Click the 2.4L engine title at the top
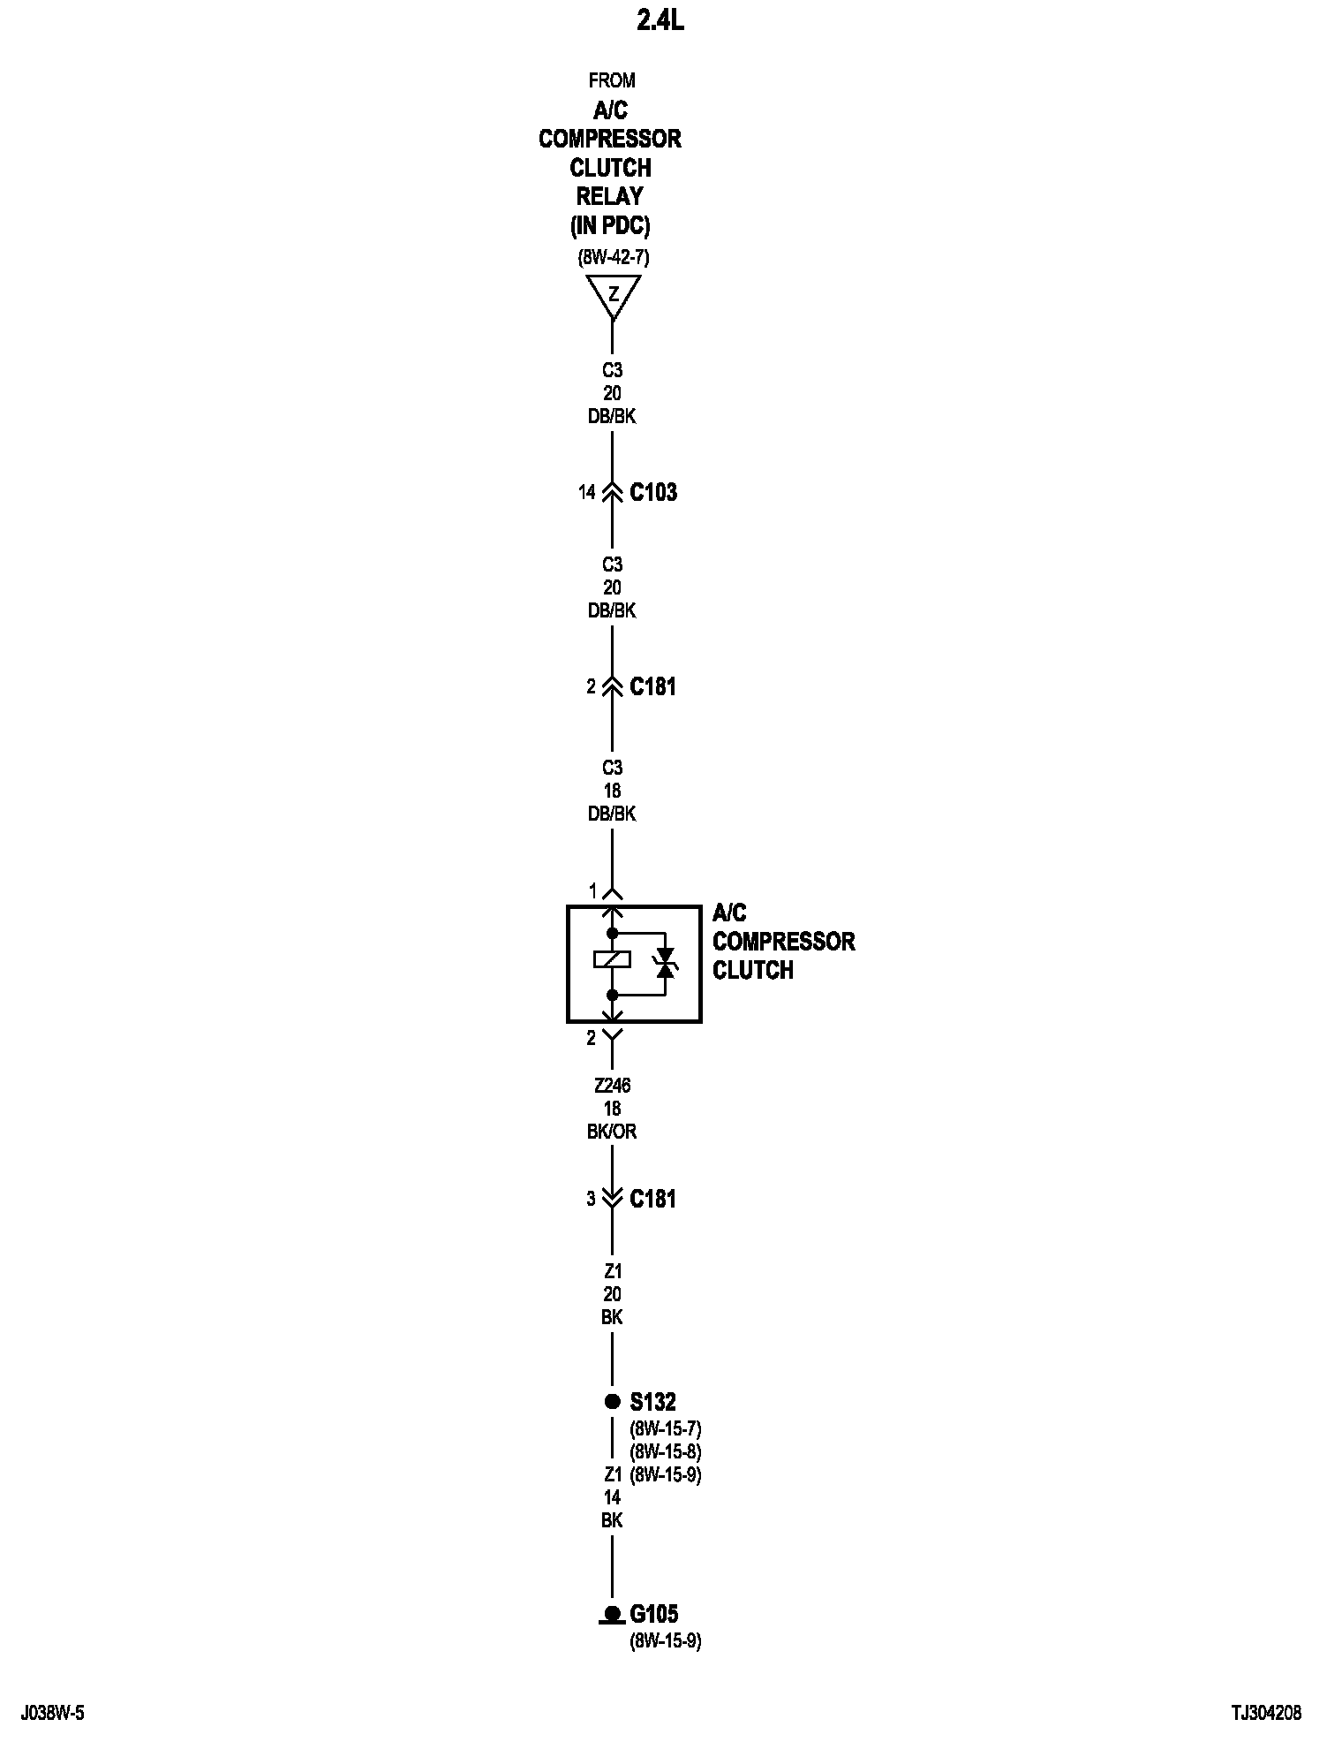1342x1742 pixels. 660,21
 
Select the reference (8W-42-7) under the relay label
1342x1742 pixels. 614,258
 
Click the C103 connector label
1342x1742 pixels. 653,492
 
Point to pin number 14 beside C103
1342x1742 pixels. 587,492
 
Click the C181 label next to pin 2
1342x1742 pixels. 652,686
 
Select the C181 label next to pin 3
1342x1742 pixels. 652,1199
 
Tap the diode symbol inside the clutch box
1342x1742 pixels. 665,963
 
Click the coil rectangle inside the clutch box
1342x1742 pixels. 612,959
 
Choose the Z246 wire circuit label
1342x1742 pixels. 612,1086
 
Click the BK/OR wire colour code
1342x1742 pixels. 612,1132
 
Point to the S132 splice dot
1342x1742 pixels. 612,1401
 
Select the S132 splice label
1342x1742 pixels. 652,1402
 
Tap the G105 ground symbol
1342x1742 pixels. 612,1615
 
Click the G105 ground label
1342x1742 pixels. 653,1615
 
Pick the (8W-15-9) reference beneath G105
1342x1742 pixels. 665,1642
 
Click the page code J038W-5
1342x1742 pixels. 53,1714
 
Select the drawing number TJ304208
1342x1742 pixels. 1266,1714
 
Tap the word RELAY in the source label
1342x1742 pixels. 609,196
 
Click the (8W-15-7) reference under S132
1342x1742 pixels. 665,1428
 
